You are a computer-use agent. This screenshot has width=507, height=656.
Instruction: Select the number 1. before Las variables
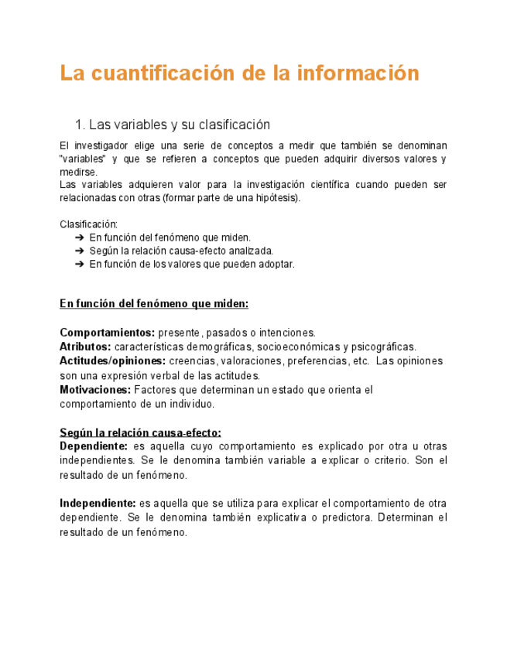(x=79, y=125)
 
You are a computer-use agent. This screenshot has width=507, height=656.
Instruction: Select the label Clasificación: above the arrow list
(x=88, y=224)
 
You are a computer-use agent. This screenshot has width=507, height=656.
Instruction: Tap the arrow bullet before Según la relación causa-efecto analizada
(x=80, y=251)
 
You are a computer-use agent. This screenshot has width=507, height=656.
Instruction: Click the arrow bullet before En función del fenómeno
(x=80, y=237)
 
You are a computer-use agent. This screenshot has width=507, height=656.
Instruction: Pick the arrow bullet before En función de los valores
(x=80, y=264)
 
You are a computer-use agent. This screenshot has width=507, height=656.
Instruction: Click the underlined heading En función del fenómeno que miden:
(x=154, y=304)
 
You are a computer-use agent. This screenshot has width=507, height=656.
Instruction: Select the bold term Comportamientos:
(x=107, y=333)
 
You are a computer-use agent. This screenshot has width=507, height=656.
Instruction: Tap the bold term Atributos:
(x=85, y=347)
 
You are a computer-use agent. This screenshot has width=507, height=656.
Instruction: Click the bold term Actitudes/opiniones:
(x=112, y=361)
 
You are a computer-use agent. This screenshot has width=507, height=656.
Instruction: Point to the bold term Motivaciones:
(x=95, y=390)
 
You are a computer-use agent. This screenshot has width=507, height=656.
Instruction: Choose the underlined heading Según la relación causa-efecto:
(x=140, y=432)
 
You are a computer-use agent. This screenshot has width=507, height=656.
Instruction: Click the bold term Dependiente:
(x=94, y=446)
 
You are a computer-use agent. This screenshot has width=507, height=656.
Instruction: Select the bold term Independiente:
(x=98, y=503)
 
